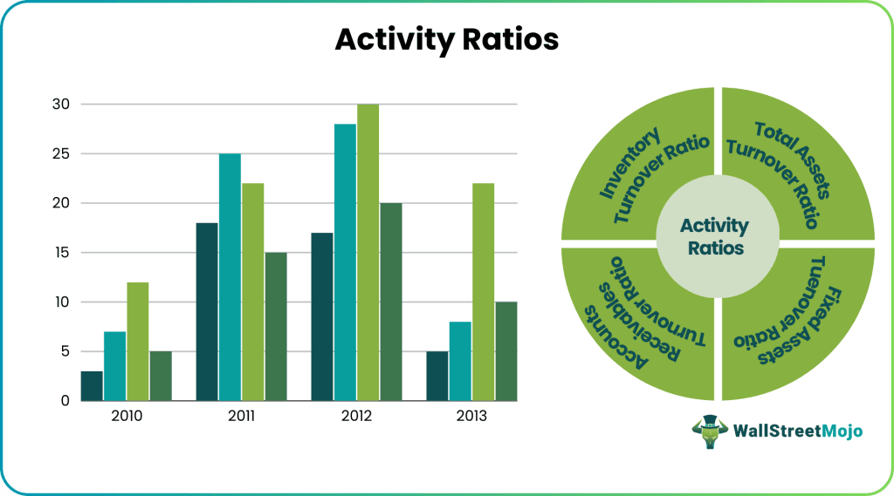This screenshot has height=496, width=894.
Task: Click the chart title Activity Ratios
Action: point(447,40)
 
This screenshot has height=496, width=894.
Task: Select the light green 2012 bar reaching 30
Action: point(368,253)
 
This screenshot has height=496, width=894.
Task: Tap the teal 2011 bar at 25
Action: point(230,277)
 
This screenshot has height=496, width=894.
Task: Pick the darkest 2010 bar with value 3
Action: point(92,386)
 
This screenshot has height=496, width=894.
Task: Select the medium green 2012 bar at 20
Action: point(391,302)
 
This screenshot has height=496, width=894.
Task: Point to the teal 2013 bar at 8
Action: point(460,361)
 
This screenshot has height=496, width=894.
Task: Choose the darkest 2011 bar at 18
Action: point(207,312)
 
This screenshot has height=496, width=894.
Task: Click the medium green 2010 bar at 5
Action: point(161,376)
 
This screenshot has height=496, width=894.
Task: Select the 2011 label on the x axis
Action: point(242,417)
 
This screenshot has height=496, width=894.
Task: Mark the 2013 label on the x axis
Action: point(471,417)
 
